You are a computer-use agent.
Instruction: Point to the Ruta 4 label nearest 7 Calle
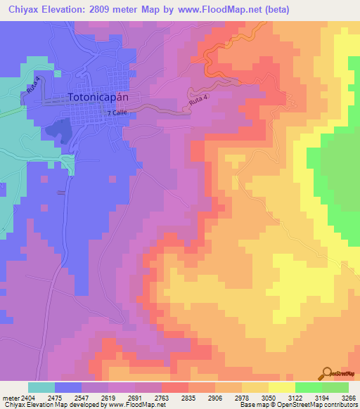click(198, 103)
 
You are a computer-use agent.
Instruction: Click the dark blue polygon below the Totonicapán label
click(58, 130)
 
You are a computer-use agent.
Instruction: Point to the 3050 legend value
click(268, 397)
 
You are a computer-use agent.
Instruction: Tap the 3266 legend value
click(349, 397)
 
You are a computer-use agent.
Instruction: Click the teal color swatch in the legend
click(41, 387)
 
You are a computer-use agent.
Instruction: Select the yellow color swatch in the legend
click(281, 387)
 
